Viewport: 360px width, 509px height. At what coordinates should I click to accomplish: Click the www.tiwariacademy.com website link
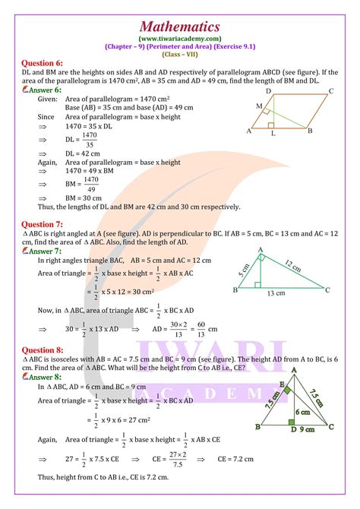pyautogui.click(x=180, y=36)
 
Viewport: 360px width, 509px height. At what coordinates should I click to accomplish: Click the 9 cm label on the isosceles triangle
pyautogui.click(x=306, y=429)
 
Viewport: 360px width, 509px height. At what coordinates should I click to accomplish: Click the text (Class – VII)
pyautogui.click(x=180, y=53)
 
